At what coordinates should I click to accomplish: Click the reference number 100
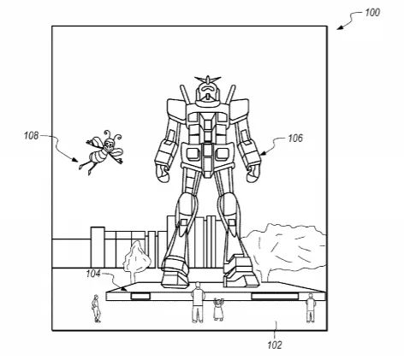coord(372,13)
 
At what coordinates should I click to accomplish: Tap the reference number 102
coord(275,345)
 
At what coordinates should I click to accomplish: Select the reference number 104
coord(93,274)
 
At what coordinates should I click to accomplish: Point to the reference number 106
coord(295,139)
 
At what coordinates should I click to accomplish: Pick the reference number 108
coord(31,136)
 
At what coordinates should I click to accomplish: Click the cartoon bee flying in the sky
coord(102,151)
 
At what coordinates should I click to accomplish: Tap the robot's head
coord(208,91)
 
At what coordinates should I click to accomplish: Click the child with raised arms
coord(218,309)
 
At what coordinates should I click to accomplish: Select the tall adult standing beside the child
coord(198,303)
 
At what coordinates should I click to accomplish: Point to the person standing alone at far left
coord(96,309)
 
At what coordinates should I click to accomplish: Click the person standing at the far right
coord(310,308)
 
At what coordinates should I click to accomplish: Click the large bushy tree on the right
coord(284,251)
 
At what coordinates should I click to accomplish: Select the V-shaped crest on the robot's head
coord(208,79)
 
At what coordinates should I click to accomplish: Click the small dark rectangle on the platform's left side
coord(140,296)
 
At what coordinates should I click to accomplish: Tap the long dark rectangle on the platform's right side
coord(275,296)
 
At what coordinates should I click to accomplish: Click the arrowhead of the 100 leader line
coord(338,28)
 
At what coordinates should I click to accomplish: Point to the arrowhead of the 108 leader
coord(75,160)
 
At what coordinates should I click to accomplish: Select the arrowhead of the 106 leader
coord(262,154)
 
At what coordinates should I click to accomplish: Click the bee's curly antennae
coord(113,135)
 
